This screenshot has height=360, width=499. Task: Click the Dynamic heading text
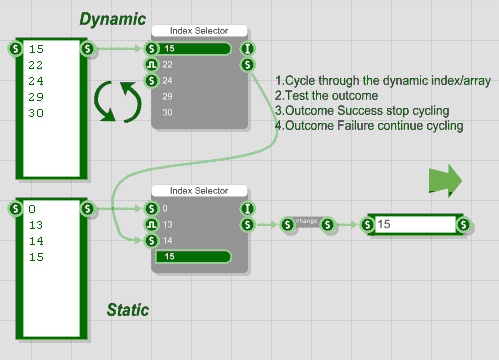point(113,18)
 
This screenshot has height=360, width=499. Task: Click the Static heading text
point(128,310)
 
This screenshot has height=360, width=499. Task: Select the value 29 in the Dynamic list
point(37,97)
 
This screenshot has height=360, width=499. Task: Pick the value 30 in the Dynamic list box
point(37,113)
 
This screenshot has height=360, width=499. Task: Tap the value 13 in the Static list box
point(37,225)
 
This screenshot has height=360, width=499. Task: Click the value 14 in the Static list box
point(37,241)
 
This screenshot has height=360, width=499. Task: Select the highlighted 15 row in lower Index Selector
point(192,257)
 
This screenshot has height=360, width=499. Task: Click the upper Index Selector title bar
point(199,32)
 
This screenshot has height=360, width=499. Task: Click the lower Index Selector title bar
point(199,190)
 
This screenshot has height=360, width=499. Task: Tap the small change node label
point(307,221)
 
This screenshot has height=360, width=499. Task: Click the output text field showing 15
point(412,225)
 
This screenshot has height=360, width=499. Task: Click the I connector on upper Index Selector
point(246,48)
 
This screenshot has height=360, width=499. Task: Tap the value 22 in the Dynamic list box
point(37,65)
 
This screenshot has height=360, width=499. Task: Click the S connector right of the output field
point(464,224)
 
